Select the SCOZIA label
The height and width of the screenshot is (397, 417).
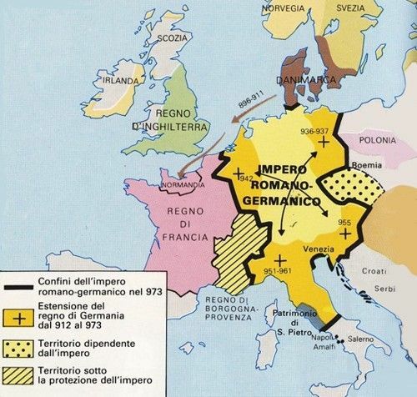(x=171, y=38)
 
